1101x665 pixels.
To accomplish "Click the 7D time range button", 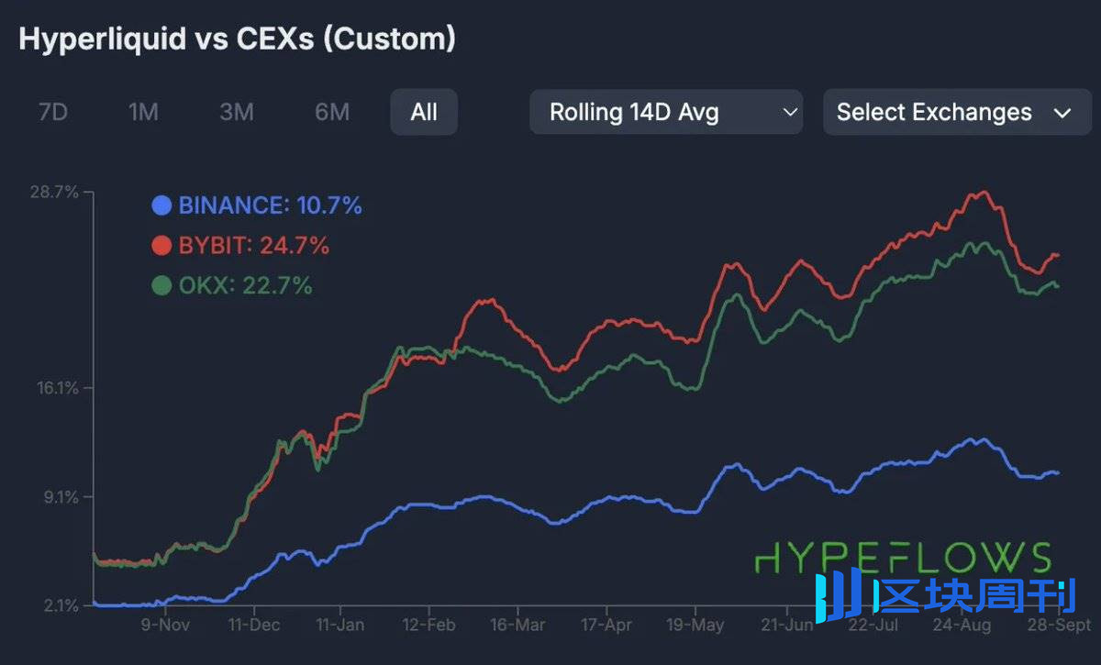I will [53, 113].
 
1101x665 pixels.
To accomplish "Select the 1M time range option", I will [143, 113].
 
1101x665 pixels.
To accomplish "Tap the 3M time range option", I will [237, 113].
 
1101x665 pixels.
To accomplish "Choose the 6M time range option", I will [332, 113].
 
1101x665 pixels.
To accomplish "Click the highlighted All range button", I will [424, 113].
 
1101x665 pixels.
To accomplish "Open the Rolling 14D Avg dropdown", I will [666, 113].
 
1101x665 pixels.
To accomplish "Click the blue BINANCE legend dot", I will [162, 205].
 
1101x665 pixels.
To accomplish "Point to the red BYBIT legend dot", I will [162, 246].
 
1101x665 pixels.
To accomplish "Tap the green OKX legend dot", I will [162, 286].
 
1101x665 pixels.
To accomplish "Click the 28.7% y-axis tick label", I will [54, 193].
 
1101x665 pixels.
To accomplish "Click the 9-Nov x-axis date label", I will [165, 626].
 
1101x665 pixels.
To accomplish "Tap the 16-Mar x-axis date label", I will [517, 626].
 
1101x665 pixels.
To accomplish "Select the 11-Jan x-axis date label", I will [339, 626].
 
